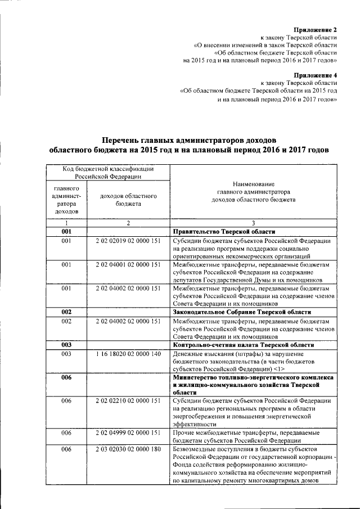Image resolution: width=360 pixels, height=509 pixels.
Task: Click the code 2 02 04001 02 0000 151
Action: (x=128, y=264)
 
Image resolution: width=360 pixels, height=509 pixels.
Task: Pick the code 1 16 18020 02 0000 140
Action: (x=128, y=354)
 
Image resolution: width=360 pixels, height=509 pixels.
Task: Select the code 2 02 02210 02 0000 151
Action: (x=128, y=400)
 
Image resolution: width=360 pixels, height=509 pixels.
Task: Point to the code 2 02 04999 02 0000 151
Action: (x=128, y=433)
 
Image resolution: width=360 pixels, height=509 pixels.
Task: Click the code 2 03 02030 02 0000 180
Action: (x=128, y=451)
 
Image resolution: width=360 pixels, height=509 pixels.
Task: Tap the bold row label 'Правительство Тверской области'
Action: (x=224, y=231)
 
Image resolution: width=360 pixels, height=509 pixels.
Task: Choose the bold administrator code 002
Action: (x=67, y=312)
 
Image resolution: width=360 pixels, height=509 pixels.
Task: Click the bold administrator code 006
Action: (x=67, y=377)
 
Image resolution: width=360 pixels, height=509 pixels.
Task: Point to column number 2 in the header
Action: (x=128, y=223)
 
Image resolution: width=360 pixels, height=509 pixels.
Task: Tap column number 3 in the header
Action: (x=254, y=223)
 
